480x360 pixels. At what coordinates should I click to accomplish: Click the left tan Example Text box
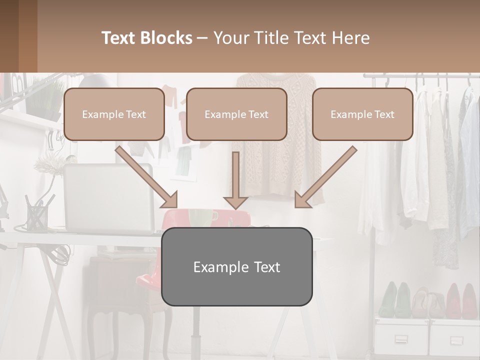(114, 114)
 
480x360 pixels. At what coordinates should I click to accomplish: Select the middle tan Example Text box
(236, 114)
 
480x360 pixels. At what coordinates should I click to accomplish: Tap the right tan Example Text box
(362, 114)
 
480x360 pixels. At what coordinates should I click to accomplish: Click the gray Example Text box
(236, 266)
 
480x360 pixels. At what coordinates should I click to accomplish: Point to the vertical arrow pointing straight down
(235, 180)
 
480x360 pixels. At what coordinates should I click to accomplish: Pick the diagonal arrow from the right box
(326, 176)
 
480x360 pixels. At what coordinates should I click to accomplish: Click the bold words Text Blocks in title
(147, 38)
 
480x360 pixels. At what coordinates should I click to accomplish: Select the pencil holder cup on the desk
(37, 215)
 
